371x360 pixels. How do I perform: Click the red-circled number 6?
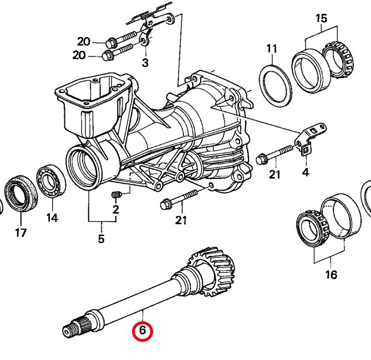tap(143, 330)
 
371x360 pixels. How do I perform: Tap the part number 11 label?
tap(272, 49)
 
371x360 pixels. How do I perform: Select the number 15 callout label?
tap(321, 18)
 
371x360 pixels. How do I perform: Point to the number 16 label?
tap(331, 275)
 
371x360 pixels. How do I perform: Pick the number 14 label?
tap(52, 218)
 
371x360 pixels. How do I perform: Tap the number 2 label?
tap(115, 209)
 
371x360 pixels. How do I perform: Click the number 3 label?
tap(145, 63)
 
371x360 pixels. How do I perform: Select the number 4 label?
tap(306, 172)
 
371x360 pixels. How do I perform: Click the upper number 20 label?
tap(84, 42)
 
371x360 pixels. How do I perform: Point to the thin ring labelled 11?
tap(276, 86)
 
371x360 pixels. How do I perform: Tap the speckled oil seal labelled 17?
tap(21, 193)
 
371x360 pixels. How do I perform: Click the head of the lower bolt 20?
tap(106, 56)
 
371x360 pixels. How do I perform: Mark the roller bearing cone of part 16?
tap(312, 227)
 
